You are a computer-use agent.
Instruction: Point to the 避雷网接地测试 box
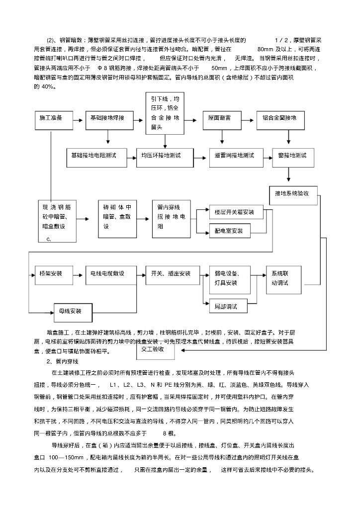234,156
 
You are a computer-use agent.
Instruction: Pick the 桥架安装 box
50,274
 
